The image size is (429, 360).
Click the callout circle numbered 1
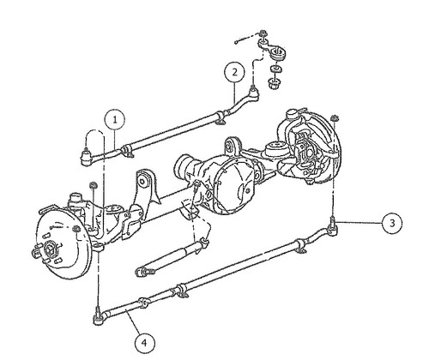point(115,120)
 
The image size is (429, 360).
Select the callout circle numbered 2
point(234,72)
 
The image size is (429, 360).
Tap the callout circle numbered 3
point(392,223)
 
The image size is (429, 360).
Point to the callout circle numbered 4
point(145,343)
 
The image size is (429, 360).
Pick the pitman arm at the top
point(272,49)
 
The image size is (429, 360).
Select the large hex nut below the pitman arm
point(275,83)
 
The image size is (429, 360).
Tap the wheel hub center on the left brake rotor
point(50,248)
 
